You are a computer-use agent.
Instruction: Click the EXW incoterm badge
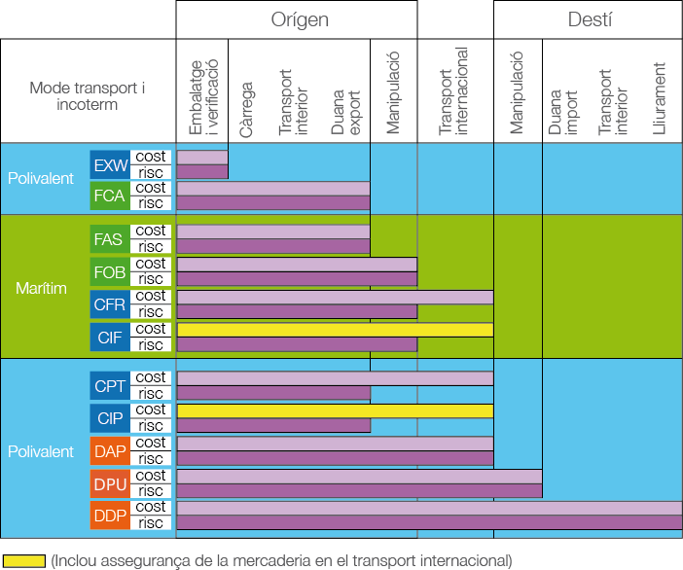tap(109, 164)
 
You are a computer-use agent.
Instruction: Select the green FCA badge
tap(109, 196)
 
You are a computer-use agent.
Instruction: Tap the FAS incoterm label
tap(109, 239)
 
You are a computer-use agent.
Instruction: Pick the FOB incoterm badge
tap(109, 271)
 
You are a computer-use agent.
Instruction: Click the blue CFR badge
tap(109, 303)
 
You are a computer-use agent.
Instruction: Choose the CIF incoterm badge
tap(109, 337)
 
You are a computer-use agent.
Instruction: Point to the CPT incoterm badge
tap(109, 385)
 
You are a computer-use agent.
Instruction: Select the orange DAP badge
tap(109, 450)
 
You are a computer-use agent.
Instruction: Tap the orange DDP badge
tap(109, 516)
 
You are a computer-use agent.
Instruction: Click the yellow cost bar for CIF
tap(335, 330)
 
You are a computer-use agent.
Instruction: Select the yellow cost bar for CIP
tap(335, 410)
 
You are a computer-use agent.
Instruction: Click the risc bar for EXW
tap(202, 172)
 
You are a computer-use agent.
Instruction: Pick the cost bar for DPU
tap(359, 476)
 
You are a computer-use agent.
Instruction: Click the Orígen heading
tap(299, 19)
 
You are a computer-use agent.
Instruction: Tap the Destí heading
tap(590, 19)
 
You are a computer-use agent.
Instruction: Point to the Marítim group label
tap(41, 288)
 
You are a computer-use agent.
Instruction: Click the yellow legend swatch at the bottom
tap(23, 560)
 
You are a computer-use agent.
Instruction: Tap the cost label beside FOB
tap(151, 264)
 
